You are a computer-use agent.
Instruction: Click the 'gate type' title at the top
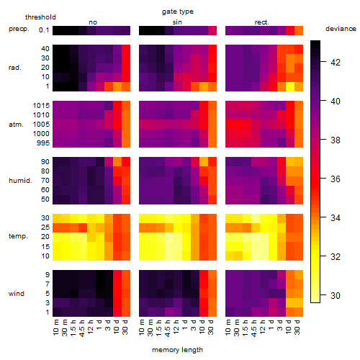click(x=178, y=12)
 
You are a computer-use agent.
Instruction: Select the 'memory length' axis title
click(x=177, y=350)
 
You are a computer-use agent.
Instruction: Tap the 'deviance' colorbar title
click(x=341, y=29)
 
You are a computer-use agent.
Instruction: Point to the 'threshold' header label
click(x=40, y=17)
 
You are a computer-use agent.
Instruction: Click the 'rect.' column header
click(x=262, y=22)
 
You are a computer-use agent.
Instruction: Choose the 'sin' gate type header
click(x=177, y=22)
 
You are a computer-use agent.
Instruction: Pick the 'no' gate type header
click(x=93, y=22)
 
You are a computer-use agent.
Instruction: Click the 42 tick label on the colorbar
click(x=336, y=63)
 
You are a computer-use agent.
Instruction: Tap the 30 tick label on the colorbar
click(x=336, y=295)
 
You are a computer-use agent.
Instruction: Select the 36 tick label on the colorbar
click(x=336, y=179)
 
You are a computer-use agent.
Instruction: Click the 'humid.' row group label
click(x=20, y=181)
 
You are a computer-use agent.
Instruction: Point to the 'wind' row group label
click(x=17, y=294)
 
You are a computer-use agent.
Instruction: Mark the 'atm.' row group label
click(x=16, y=125)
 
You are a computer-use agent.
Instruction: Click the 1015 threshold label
click(x=41, y=106)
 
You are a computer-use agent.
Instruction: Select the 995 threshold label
click(x=43, y=143)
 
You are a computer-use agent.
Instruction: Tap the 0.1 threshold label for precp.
click(x=44, y=30)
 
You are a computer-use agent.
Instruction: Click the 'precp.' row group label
click(x=19, y=29)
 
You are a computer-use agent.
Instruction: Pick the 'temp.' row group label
click(x=18, y=236)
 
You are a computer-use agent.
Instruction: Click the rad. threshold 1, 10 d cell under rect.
click(x=290, y=86)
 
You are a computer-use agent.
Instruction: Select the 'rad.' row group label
click(x=15, y=68)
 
